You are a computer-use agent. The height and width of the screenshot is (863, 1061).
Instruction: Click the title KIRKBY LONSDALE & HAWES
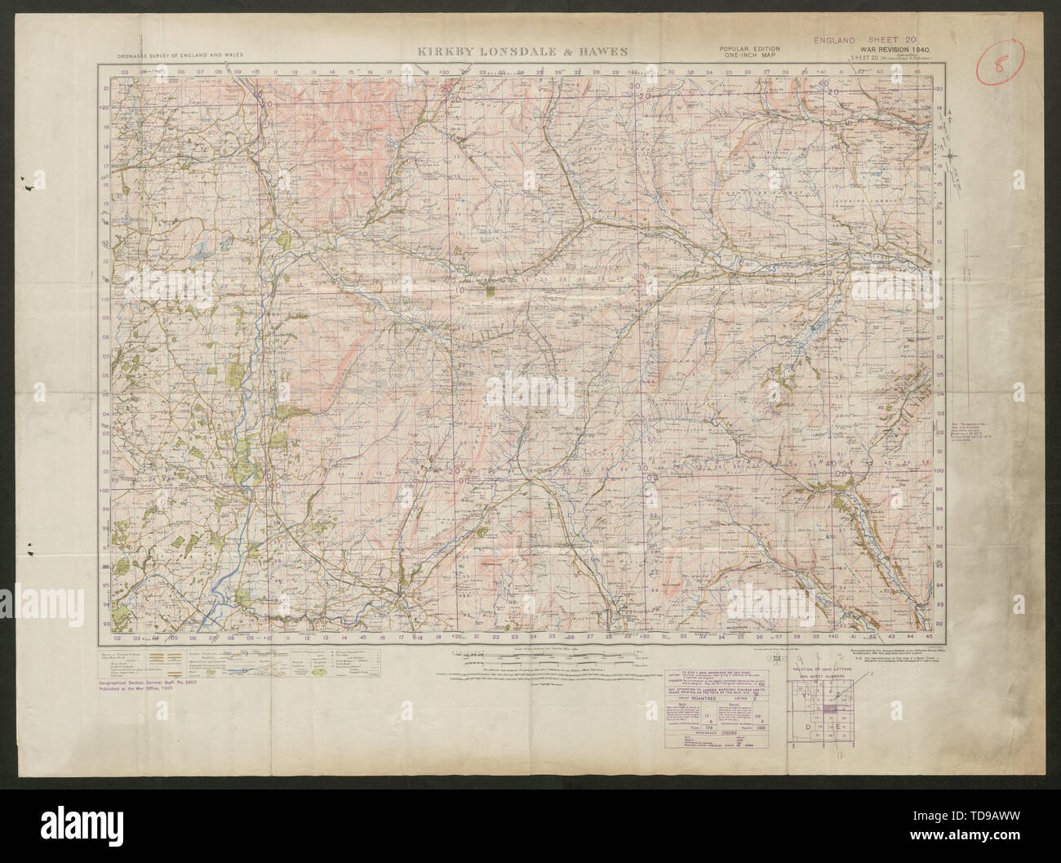click(x=522, y=51)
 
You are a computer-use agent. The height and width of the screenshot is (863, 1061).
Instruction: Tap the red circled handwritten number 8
click(x=1003, y=60)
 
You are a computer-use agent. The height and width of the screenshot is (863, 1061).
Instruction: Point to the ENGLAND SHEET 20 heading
click(x=867, y=38)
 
